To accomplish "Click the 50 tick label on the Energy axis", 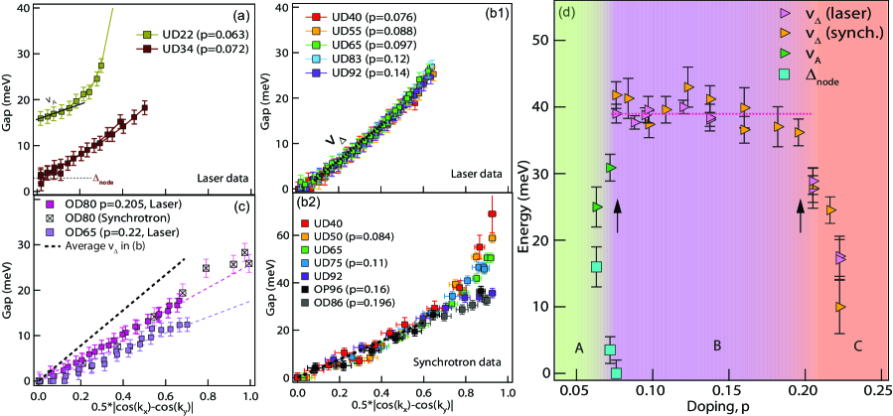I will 543,40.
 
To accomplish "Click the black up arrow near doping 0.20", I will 800,212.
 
